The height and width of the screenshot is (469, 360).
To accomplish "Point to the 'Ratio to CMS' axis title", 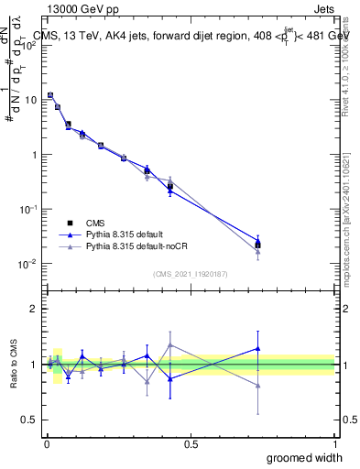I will coord(12,365).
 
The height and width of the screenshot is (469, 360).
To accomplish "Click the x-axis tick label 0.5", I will coord(191,443).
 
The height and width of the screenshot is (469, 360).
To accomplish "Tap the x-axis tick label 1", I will coord(334,443).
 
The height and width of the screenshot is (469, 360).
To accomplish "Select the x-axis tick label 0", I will coord(47,443).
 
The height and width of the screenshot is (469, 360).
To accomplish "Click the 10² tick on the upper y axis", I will coord(33,44).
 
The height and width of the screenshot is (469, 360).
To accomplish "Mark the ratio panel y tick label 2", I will coord(35,309).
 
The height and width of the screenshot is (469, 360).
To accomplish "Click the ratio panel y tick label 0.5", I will coord(31,420).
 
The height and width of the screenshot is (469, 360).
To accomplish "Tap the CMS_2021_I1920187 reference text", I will coord(191,273).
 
